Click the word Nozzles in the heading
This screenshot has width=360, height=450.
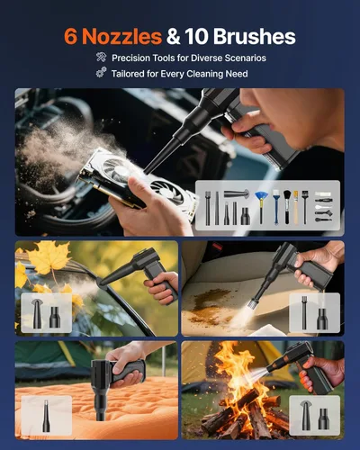coord(121,36)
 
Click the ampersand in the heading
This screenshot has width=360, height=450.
coord(177,36)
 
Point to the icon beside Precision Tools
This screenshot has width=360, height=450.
coord(100,58)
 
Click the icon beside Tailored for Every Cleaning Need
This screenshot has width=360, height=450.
coord(100,74)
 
